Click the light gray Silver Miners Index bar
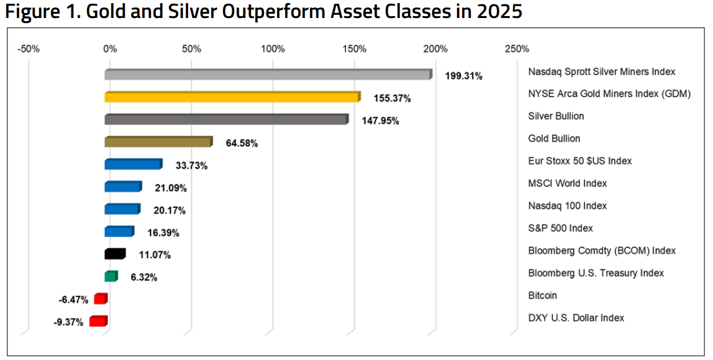tap(267, 75)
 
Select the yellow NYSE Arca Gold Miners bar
tap(231, 97)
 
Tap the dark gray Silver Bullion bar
tap(225, 120)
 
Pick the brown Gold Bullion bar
tap(158, 142)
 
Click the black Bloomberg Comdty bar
tap(115, 254)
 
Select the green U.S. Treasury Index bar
tap(111, 276)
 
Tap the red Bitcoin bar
tap(101, 299)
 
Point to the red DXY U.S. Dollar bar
tap(98, 321)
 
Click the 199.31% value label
tap(463, 76)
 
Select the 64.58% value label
tap(242, 143)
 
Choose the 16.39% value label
tap(163, 233)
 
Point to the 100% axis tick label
tap(273, 49)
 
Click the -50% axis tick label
tap(29, 49)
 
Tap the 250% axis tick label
tap(517, 49)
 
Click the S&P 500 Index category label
tap(560, 228)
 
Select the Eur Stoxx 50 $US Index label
tap(579, 161)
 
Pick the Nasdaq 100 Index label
tap(567, 205)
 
